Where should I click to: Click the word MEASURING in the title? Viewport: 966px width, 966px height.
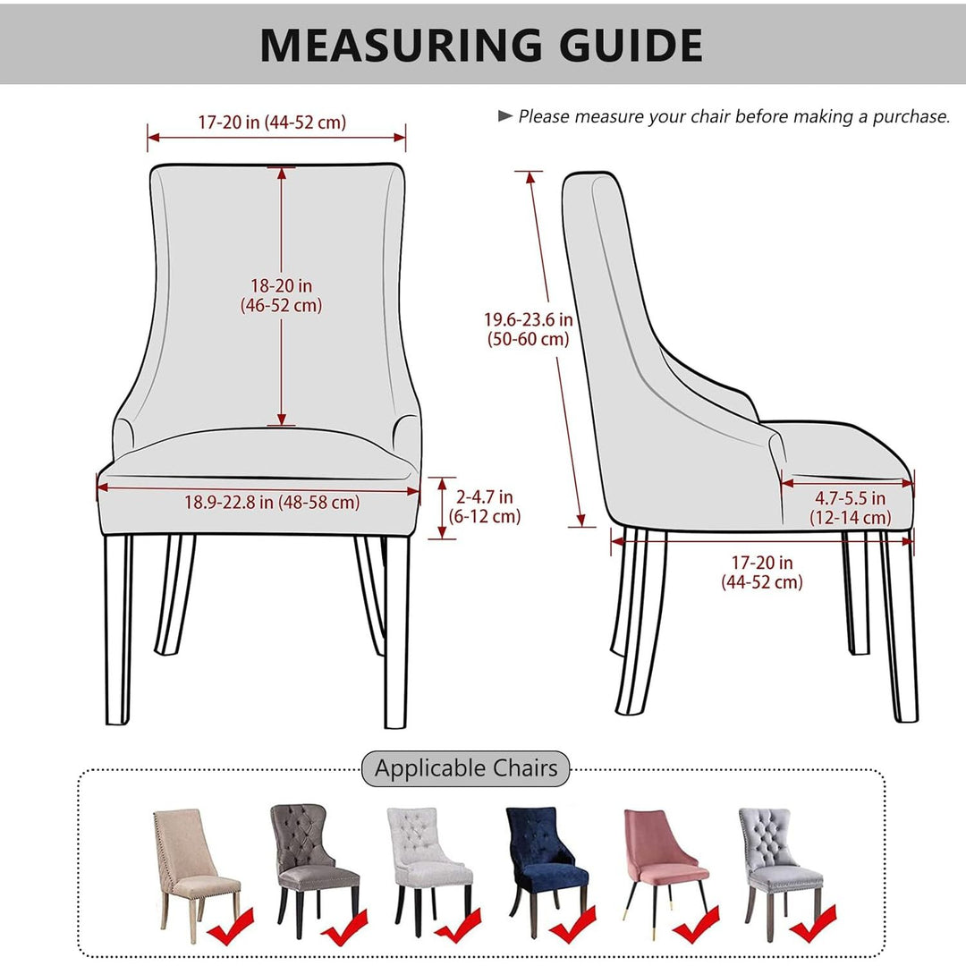point(400,45)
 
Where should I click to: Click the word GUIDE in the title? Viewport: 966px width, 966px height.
point(623,45)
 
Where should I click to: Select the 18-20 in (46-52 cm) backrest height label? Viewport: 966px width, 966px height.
point(281,295)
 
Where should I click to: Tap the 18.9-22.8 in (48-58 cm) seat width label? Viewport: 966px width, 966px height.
point(272,503)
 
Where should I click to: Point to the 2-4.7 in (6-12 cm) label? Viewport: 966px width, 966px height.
point(487,506)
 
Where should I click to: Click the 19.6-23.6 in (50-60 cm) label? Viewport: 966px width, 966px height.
point(529,329)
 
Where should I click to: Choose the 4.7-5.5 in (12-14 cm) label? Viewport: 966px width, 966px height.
point(850,508)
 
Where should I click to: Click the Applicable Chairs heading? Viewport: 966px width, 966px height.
point(466,768)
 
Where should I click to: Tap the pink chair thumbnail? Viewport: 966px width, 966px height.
point(663,863)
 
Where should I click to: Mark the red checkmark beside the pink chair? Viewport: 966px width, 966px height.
point(699,926)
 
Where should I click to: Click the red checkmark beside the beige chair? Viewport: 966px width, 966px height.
point(230,926)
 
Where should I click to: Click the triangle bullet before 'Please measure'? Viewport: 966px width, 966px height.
point(505,115)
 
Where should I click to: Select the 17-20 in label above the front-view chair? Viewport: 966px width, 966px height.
point(272,123)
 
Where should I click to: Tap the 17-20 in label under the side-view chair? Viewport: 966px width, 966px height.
point(762,572)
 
